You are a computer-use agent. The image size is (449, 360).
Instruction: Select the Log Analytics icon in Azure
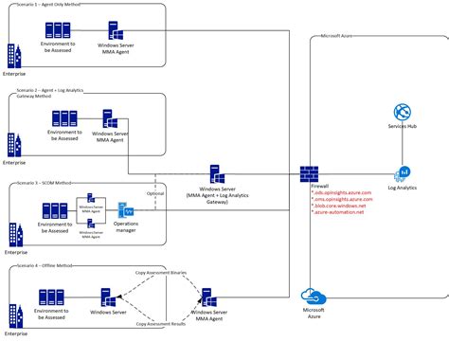(401, 173)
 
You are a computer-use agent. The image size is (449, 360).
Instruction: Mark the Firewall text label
(320, 188)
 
